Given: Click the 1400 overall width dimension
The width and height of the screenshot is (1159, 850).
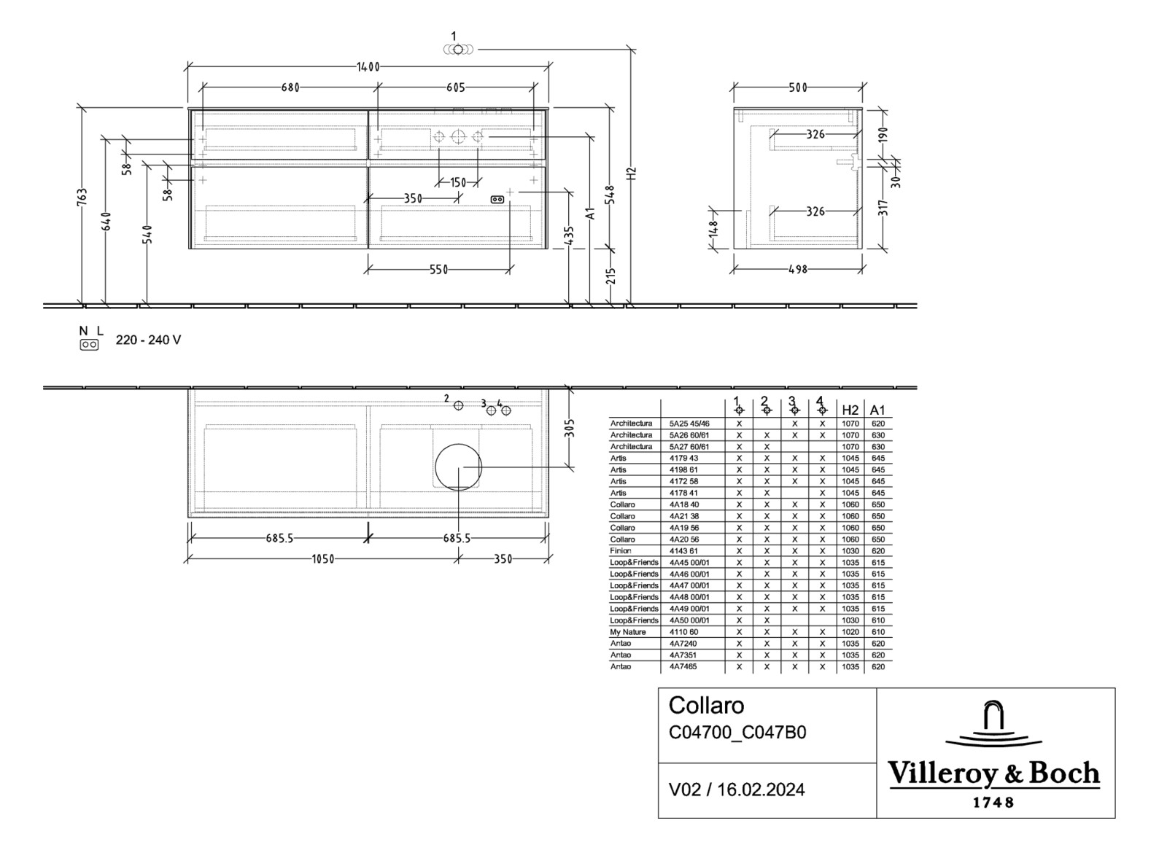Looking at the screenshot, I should coord(368,67).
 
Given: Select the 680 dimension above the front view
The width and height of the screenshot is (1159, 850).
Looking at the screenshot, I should coord(290,87).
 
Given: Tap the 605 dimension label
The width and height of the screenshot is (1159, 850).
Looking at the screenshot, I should coord(455,87).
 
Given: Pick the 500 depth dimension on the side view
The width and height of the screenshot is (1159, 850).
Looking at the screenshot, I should coord(798,87).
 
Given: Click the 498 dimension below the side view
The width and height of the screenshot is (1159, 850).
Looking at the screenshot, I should coord(798,269).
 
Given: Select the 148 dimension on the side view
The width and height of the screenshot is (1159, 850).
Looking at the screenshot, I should coord(713,229).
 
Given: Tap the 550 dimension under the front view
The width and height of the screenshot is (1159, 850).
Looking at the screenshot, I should coord(438,270).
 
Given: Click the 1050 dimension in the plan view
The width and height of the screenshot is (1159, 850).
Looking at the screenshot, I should coord(323,559).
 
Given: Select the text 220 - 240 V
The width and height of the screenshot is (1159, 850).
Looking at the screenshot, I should coord(148,340).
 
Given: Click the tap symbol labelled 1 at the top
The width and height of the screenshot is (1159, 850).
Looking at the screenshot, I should coord(457,49).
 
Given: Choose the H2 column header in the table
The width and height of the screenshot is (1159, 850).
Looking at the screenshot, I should coord(850,410).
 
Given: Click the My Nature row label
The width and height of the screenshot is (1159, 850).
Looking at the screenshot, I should coord(628,632).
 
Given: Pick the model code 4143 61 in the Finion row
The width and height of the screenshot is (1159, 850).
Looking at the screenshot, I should coord(683,551).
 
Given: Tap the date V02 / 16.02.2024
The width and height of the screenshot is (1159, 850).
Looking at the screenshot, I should coord(737,789).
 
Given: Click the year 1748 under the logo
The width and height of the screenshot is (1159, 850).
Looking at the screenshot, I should coord(993,803).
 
